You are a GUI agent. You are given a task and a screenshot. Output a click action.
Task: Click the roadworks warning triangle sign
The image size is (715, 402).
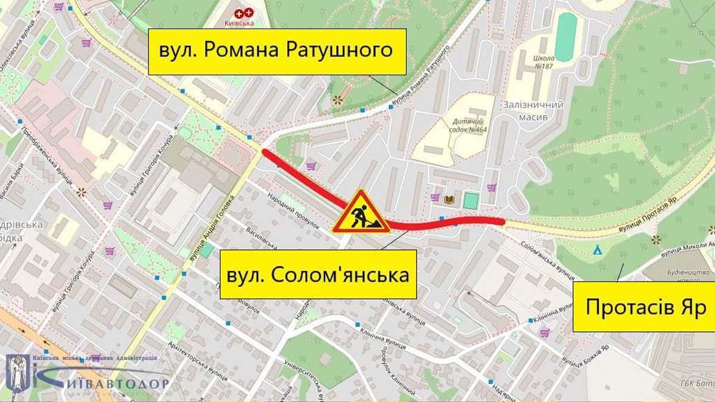(x=361, y=213)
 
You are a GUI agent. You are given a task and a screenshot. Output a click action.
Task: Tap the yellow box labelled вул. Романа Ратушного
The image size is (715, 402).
(x=276, y=50)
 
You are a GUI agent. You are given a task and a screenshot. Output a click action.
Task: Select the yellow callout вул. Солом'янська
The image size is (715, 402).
(x=318, y=275)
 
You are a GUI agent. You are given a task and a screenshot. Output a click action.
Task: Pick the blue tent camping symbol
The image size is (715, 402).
(x=597, y=251)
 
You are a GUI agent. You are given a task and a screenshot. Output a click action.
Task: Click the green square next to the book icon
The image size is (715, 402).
(x=471, y=201)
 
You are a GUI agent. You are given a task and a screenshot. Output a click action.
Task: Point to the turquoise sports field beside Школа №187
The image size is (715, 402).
(x=565, y=37)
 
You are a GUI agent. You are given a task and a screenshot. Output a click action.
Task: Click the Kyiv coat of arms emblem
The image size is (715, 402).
(x=17, y=372)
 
